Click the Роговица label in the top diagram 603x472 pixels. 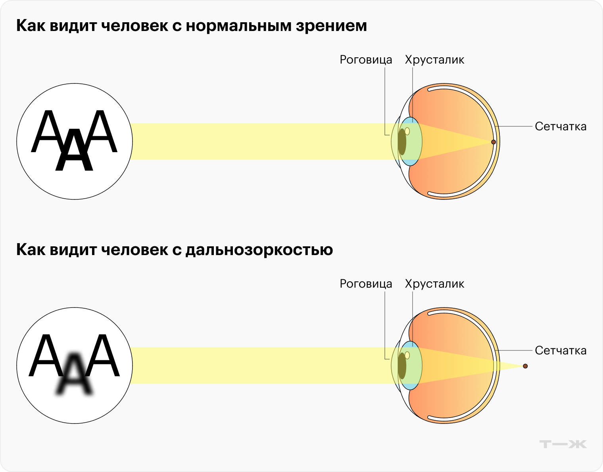click(366, 60)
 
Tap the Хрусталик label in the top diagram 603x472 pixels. click(434, 60)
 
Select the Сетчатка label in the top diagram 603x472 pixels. click(560, 126)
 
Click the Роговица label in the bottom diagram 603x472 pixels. click(366, 284)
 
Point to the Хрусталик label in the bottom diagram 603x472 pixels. click(434, 284)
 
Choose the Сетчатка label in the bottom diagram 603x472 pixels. click(560, 350)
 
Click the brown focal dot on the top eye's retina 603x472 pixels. click(494, 142)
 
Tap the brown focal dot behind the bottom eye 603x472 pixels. click(525, 366)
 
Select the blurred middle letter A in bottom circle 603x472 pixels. click(75, 375)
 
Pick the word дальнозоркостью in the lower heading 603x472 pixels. click(259, 250)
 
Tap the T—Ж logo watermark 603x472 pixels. click(563, 444)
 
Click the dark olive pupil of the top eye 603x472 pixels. click(402, 142)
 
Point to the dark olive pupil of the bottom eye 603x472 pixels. click(402, 366)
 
